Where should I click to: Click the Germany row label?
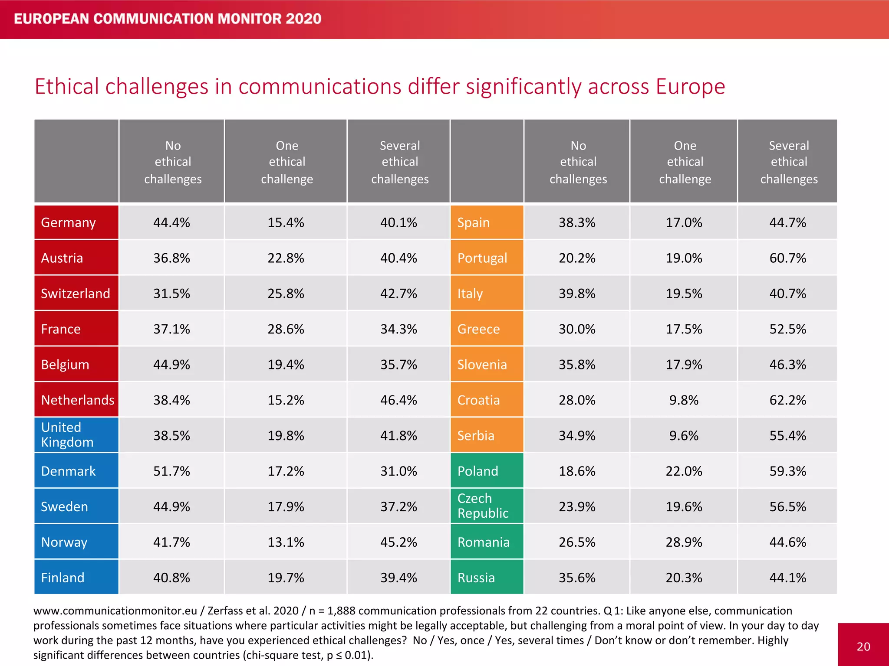[69, 222]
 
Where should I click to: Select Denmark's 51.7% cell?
[171, 471]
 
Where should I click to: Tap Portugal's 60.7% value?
[787, 258]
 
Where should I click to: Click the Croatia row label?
[478, 400]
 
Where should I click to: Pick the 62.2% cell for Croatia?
[787, 400]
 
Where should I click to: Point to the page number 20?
[863, 646]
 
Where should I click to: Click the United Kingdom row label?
[67, 435]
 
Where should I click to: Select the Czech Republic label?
[482, 506]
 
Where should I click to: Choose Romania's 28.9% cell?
[684, 542]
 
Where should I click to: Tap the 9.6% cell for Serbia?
[684, 435]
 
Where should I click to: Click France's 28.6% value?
[286, 329]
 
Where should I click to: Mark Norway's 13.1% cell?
[286, 542]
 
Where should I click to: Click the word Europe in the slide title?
[690, 86]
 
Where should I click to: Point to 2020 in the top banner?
[303, 19]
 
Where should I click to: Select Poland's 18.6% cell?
[577, 471]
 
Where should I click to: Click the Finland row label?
[63, 578]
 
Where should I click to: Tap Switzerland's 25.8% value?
[286, 294]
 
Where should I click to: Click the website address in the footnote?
[115, 610]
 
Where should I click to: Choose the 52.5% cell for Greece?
[787, 329]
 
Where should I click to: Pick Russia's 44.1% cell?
[787, 578]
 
